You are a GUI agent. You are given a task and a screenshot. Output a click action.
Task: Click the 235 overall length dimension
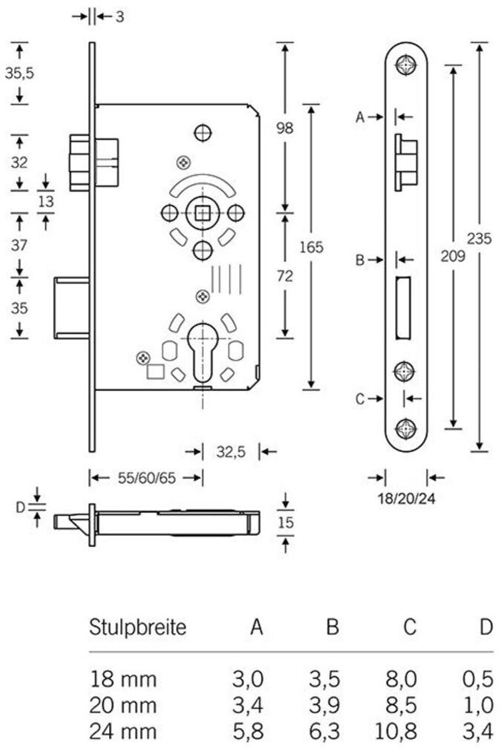coord(479,237)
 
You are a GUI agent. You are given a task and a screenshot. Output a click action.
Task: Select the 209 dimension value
coord(452,256)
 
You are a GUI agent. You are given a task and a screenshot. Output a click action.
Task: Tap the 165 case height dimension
coord(311,247)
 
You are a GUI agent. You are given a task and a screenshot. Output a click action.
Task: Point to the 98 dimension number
coord(284,128)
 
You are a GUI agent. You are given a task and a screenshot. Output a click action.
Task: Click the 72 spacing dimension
coord(284,276)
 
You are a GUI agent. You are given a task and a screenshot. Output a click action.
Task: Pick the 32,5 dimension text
coord(231,451)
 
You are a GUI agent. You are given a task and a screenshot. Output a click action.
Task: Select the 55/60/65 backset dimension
coord(146,478)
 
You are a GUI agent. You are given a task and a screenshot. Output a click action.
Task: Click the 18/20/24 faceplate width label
coord(406,499)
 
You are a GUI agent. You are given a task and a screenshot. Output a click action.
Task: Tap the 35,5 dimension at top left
coord(19,73)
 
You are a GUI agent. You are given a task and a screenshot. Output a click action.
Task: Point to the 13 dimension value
coord(46,201)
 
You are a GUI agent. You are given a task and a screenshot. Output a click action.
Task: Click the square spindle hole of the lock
coord(203,213)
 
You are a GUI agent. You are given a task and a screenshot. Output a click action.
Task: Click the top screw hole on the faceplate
coord(406,64)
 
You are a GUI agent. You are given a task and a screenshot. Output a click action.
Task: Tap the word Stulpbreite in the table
coord(137,626)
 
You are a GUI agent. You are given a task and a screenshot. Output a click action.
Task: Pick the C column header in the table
coord(409,626)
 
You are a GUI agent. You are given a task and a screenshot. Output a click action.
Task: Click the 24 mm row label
coord(123,730)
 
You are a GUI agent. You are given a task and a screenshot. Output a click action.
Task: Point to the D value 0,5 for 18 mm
coord(477,679)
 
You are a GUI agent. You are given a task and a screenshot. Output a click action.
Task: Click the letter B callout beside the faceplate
coord(360,260)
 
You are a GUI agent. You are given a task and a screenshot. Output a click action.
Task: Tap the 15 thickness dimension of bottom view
coord(285,522)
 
